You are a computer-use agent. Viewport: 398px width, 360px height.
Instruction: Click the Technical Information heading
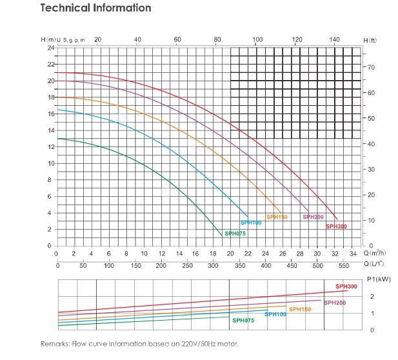(95, 8)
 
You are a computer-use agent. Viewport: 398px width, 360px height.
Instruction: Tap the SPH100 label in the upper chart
(252, 223)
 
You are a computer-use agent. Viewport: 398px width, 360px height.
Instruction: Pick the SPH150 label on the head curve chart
(277, 217)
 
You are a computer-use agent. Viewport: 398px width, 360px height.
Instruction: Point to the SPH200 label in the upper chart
(313, 217)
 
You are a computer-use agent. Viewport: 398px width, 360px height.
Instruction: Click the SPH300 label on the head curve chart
(335, 226)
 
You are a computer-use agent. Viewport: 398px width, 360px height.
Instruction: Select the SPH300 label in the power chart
(346, 286)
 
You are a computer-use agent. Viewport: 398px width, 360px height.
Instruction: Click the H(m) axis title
(48, 40)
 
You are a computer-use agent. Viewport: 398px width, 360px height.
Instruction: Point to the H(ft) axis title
(370, 41)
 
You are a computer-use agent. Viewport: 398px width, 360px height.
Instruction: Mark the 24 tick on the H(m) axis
(50, 48)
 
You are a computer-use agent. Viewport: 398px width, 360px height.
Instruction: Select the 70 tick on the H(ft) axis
(372, 68)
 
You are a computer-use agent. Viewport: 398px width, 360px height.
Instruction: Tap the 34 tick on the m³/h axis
(352, 254)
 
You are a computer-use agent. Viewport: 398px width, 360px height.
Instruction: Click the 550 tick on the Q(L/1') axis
(343, 265)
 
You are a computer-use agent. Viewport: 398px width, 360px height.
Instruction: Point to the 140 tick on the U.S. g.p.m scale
(334, 40)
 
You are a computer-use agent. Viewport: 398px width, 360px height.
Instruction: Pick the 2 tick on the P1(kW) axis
(372, 296)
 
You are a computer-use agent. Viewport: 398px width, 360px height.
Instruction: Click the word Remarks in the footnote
(55, 343)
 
